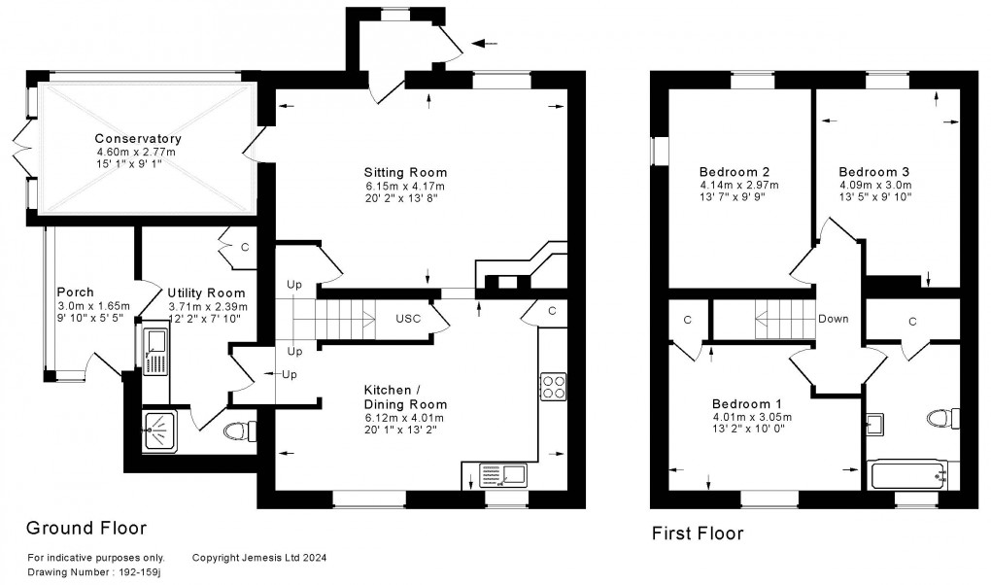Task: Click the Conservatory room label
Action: pos(138,139)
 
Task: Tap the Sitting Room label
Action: pos(406,173)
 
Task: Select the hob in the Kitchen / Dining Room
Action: pos(553,387)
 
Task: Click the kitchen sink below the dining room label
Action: pos(502,475)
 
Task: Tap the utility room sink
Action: pos(155,351)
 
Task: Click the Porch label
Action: pos(75,292)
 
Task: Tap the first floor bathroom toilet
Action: pos(937,419)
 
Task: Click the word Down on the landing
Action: pos(833,319)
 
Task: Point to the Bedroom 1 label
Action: pos(745,404)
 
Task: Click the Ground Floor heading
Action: pos(85,529)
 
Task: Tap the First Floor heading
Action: pos(699,533)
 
